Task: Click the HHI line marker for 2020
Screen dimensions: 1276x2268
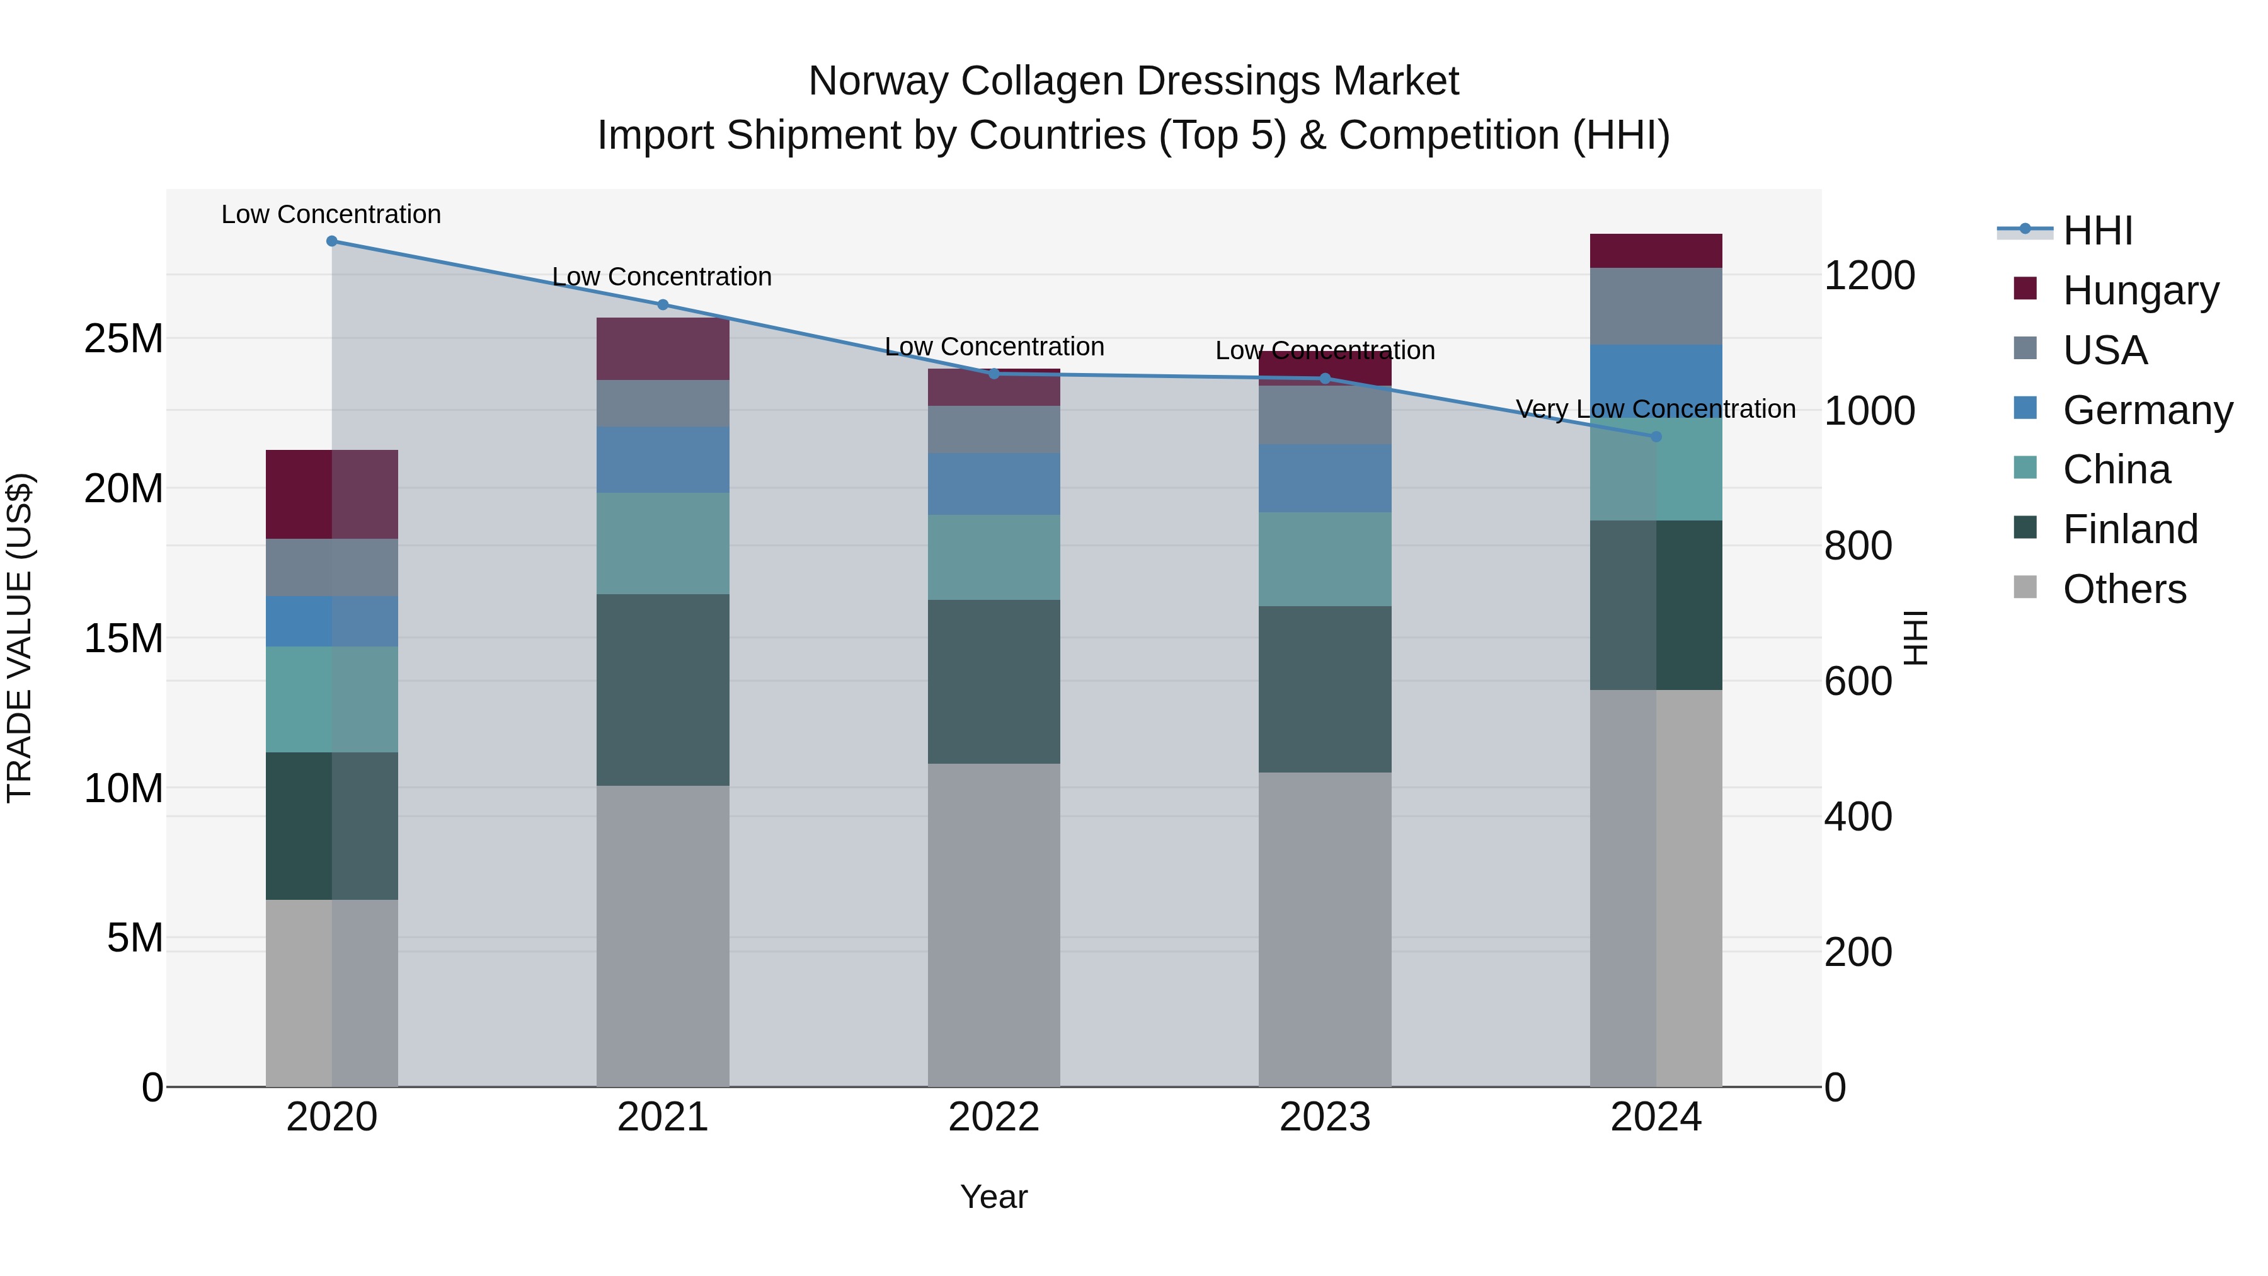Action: pyautogui.click(x=332, y=241)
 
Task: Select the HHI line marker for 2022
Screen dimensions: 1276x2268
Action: pyautogui.click(x=994, y=374)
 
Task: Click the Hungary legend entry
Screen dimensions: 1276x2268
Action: pyautogui.click(x=2139, y=290)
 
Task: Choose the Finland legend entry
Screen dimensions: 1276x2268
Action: pyautogui.click(x=2130, y=529)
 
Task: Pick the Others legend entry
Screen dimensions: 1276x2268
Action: pyautogui.click(x=2124, y=589)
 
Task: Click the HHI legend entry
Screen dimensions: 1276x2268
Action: pyautogui.click(x=2097, y=231)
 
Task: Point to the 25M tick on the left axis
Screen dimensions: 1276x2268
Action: pyautogui.click(x=123, y=339)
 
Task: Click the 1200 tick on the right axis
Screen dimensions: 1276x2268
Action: pyautogui.click(x=1869, y=275)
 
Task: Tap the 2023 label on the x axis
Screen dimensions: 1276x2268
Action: pyautogui.click(x=1324, y=1117)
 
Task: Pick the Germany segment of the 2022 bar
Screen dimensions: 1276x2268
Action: pyautogui.click(x=994, y=485)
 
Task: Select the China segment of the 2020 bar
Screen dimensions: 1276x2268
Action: pyautogui.click(x=332, y=699)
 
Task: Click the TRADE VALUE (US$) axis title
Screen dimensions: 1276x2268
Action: pyautogui.click(x=20, y=638)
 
